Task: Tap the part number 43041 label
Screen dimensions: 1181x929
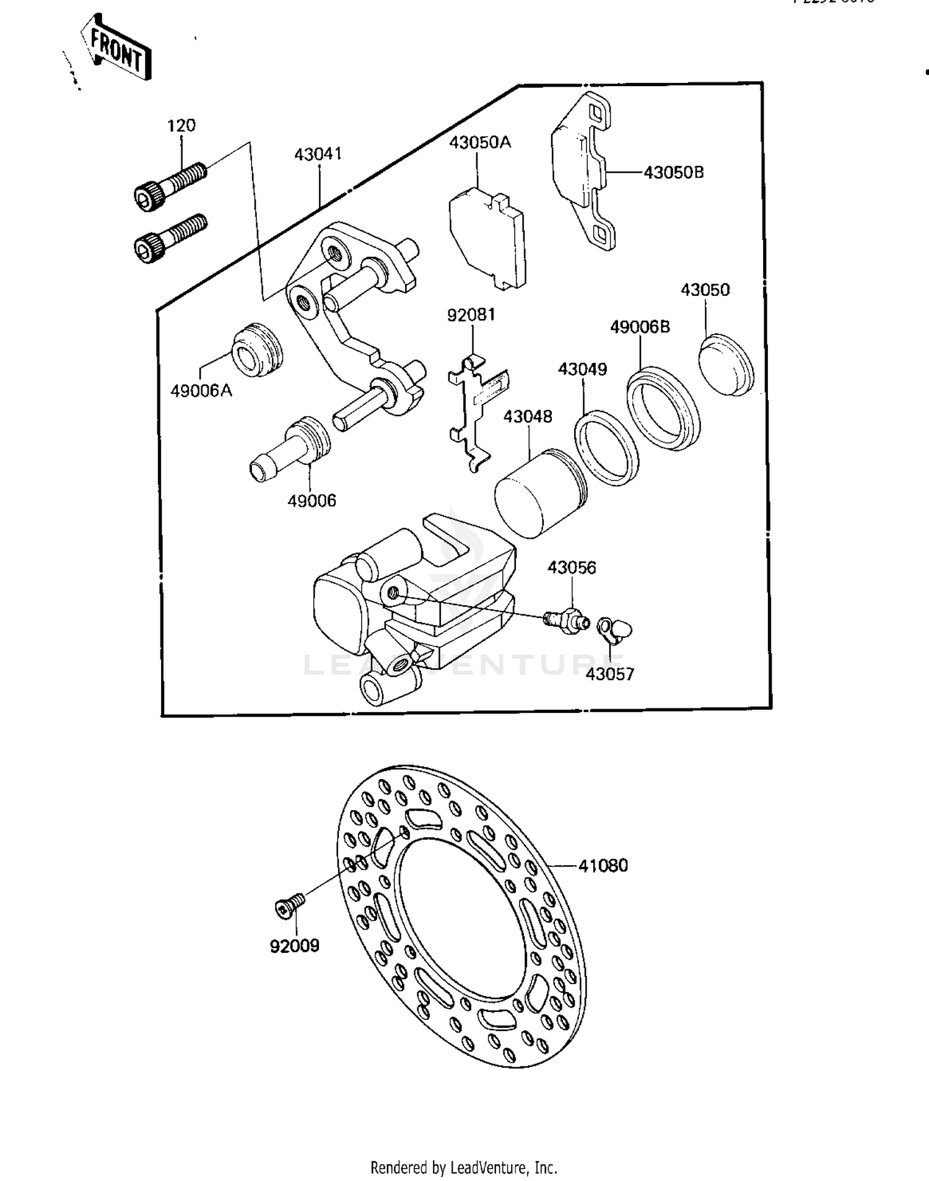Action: click(318, 154)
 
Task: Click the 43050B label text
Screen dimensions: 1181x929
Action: click(673, 172)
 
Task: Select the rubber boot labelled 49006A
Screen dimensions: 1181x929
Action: click(257, 351)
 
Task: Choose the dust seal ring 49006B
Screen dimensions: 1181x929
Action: click(663, 408)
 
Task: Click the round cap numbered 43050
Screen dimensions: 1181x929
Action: click(726, 364)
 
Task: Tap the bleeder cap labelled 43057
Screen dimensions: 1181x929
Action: click(614, 629)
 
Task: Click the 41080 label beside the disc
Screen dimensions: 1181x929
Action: click(603, 865)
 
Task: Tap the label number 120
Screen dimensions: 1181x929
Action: click(181, 126)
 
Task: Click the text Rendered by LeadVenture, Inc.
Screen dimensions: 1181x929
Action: click(463, 1167)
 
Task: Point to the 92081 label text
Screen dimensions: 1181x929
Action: click(471, 315)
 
